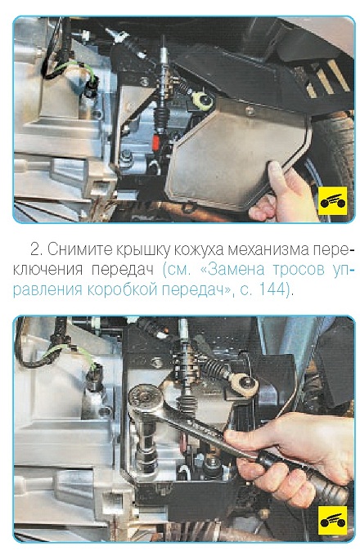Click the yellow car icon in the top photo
(332, 200)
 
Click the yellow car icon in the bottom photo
(332, 521)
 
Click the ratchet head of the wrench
(146, 400)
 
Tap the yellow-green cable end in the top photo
(203, 101)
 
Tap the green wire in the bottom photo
(73, 354)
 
